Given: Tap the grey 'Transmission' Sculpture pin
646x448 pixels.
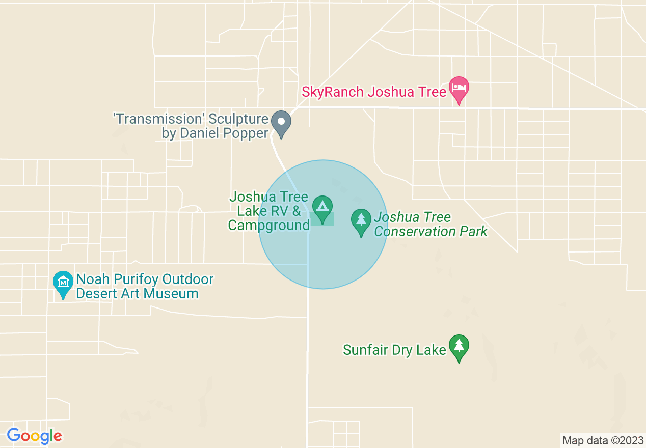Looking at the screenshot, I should (x=281, y=123).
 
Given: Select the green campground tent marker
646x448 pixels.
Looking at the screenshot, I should (x=322, y=207).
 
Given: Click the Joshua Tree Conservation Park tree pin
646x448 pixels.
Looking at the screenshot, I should (x=361, y=220).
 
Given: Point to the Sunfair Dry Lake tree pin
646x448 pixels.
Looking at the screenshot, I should (x=459, y=346).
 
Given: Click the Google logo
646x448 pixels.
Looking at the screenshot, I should (x=34, y=436).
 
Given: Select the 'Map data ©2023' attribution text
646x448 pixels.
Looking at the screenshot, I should (x=603, y=440).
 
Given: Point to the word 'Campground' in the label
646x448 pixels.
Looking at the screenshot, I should (x=268, y=225).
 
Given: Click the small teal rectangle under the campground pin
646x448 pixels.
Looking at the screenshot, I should (x=322, y=219).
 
